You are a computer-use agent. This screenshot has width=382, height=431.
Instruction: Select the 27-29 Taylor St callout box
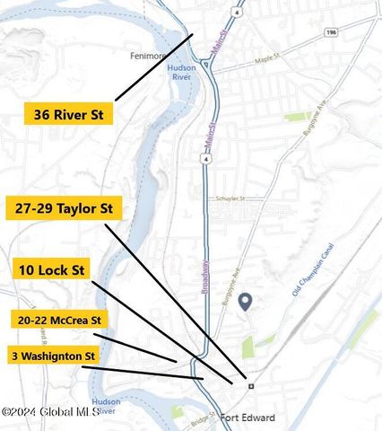click(64, 209)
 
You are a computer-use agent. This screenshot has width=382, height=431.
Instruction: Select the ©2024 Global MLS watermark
click(50, 412)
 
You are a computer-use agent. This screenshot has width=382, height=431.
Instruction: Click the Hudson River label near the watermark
click(105, 406)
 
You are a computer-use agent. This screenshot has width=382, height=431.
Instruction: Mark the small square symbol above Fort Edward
click(251, 385)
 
